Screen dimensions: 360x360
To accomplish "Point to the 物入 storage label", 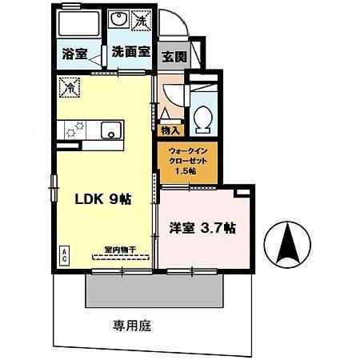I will point(170,130).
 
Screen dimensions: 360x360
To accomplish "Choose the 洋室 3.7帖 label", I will point(201,227).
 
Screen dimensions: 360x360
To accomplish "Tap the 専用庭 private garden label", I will point(132,326).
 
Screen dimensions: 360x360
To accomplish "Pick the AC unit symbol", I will point(63,256).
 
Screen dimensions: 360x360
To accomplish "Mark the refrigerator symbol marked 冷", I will point(69,86).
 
